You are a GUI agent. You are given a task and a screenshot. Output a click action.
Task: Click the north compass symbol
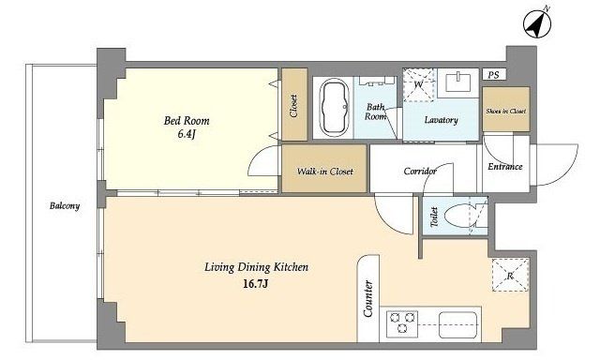pyautogui.click(x=537, y=24)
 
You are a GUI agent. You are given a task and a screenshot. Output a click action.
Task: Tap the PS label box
pyautogui.click(x=494, y=74)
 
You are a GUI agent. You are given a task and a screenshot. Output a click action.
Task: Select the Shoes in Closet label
pyautogui.click(x=506, y=111)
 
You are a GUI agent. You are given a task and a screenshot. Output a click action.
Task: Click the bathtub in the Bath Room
pyautogui.click(x=334, y=108)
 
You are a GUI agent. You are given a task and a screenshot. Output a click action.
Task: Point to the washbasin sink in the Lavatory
pyautogui.click(x=458, y=82)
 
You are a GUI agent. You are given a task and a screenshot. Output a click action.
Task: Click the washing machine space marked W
pyautogui.click(x=419, y=85)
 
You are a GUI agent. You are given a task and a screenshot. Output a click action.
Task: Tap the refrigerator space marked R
pyautogui.click(x=510, y=275)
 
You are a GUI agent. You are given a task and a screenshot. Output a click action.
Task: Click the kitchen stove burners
pyautogui.click(x=402, y=323)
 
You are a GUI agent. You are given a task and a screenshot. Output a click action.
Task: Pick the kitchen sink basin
pyautogui.click(x=457, y=325)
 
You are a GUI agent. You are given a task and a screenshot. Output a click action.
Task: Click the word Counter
pyautogui.click(x=368, y=298)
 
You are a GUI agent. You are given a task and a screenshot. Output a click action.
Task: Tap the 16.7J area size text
pyautogui.click(x=255, y=284)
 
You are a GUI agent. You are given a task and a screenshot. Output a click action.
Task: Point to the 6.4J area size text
pyautogui.click(x=187, y=134)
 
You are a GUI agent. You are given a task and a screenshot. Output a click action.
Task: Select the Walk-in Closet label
pyautogui.click(x=325, y=172)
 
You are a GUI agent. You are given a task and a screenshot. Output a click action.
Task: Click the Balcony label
pyautogui.click(x=65, y=206)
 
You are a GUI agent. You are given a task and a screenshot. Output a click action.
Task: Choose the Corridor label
pyautogui.click(x=420, y=171)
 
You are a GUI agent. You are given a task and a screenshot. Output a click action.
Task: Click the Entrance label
pyautogui.click(x=505, y=167)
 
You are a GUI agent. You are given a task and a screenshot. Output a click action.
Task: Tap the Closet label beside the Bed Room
pyautogui.click(x=293, y=106)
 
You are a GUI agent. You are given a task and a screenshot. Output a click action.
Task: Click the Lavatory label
pyautogui.click(x=442, y=120)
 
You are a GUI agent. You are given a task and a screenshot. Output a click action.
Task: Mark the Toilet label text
pyautogui.click(x=434, y=217)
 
